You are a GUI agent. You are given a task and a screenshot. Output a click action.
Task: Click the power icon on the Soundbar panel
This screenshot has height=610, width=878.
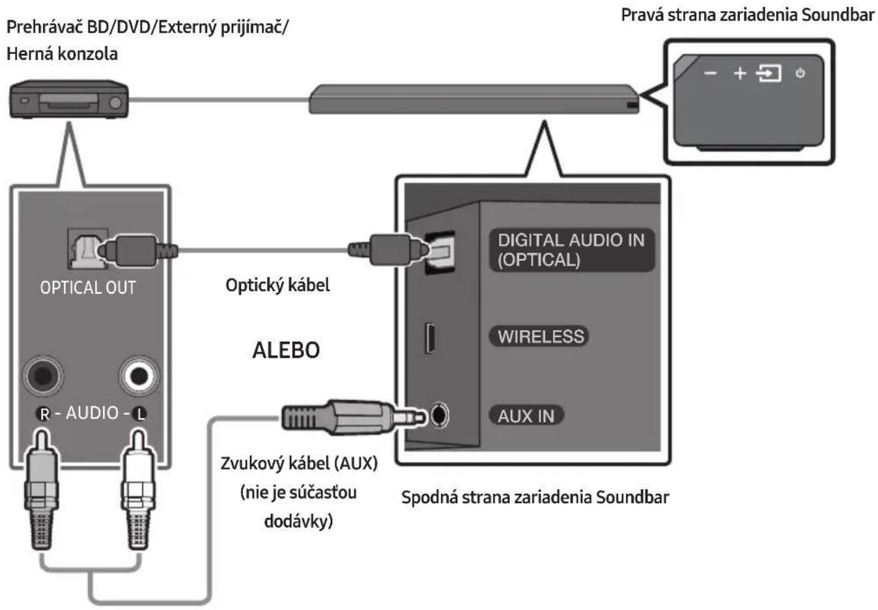coord(800,73)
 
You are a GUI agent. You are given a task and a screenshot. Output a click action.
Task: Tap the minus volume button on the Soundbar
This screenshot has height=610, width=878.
coord(710,74)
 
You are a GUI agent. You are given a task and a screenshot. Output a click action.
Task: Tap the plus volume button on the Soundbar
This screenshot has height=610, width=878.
coord(740,74)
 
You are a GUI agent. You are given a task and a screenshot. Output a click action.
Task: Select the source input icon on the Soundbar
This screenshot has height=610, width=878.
coord(769,74)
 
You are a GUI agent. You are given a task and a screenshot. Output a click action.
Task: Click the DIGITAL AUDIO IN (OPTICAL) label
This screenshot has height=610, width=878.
coord(571,250)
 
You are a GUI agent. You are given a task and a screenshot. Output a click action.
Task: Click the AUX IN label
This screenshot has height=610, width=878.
coord(526,416)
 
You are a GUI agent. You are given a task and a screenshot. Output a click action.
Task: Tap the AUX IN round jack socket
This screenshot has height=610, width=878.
coord(440,415)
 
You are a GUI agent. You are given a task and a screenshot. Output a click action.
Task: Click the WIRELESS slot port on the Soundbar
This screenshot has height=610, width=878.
coord(430,338)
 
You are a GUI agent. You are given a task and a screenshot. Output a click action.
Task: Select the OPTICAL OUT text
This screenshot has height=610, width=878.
coord(88,288)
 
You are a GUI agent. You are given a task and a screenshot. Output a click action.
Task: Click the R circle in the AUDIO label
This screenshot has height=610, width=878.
coord(45,413)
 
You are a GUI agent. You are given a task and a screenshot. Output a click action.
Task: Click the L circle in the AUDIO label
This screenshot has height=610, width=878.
coord(139,413)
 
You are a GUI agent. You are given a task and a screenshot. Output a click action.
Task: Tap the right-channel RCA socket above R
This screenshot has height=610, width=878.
coord(43,376)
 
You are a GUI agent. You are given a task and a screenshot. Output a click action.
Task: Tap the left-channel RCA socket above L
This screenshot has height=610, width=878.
coord(139,376)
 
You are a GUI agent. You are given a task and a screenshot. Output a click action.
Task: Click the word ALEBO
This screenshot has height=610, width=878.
coord(286,350)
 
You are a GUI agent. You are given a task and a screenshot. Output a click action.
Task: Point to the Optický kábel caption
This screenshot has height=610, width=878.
coord(277,285)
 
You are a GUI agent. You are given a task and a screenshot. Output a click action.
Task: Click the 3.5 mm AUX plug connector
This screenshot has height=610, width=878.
coord(353,418)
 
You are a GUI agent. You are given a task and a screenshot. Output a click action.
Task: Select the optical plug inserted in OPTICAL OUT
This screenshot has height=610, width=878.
coord(135,251)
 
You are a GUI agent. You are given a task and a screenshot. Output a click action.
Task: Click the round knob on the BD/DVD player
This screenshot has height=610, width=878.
coord(115,103)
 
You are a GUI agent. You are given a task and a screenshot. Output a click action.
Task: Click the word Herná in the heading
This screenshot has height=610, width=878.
coord(31,53)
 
